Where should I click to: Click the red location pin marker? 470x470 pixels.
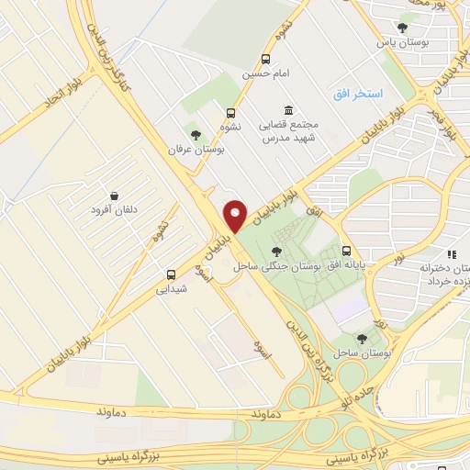click(x=236, y=216)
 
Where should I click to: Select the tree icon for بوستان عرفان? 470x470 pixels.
click(x=194, y=134)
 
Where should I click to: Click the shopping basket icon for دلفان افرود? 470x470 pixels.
click(x=114, y=196)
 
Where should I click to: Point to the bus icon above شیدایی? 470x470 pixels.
click(x=172, y=274)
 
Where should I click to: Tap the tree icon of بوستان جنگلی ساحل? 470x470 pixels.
click(x=277, y=252)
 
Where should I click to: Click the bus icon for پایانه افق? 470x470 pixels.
click(x=346, y=251)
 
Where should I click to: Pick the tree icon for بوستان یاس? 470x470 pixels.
click(x=402, y=28)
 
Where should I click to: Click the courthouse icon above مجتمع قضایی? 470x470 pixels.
click(x=289, y=110)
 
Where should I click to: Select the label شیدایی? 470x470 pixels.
click(x=172, y=288)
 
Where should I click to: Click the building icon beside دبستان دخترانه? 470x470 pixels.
click(x=450, y=254)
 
